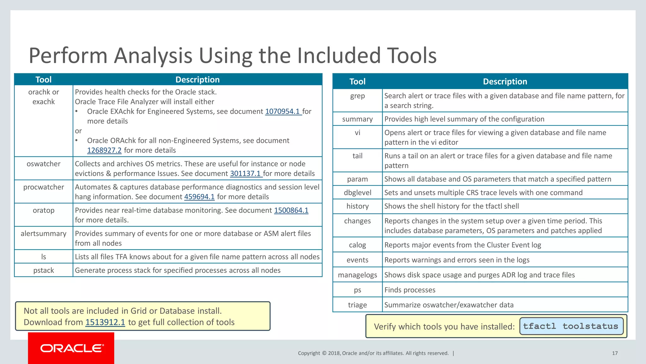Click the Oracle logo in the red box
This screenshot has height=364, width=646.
(x=72, y=348)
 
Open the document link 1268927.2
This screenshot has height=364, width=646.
(x=104, y=150)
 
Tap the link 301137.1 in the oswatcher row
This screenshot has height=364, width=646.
(x=245, y=173)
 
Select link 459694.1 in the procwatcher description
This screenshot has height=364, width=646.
(x=199, y=197)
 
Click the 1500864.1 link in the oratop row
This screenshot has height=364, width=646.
(x=291, y=210)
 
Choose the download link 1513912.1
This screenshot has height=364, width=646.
(x=105, y=322)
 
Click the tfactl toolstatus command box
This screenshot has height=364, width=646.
(x=571, y=326)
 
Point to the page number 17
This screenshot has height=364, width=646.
(x=615, y=353)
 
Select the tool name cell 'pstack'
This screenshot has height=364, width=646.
(x=44, y=270)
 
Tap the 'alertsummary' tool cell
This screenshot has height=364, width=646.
(x=44, y=234)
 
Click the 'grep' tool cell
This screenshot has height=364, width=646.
(x=357, y=96)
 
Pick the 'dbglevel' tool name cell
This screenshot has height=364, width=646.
(x=357, y=193)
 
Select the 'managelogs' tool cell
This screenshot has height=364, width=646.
(x=357, y=275)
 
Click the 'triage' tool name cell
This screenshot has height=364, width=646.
(x=357, y=305)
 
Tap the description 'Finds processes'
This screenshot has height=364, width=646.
(x=410, y=290)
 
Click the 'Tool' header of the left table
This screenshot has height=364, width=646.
(x=44, y=80)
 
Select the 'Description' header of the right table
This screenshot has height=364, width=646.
(x=505, y=82)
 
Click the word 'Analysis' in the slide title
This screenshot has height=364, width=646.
(x=153, y=56)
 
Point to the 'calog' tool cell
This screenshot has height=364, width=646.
(x=357, y=245)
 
